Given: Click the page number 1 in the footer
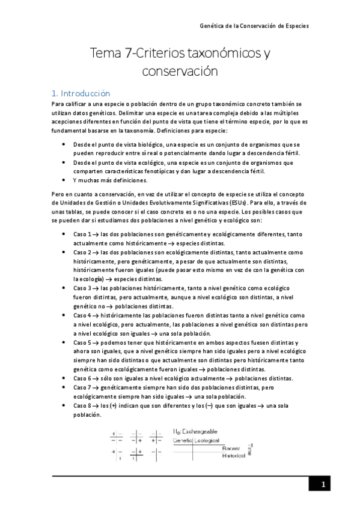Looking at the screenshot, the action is (323, 485).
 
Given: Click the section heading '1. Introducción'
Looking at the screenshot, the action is (81, 93).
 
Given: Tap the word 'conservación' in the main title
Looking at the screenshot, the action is (179, 71).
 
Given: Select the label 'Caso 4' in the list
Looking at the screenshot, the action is (82, 315).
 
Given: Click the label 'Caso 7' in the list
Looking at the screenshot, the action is (82, 389).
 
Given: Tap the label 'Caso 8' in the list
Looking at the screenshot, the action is (82, 406).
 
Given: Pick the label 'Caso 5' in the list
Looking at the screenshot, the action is (82, 342).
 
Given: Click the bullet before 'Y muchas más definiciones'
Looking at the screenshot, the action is (64, 180).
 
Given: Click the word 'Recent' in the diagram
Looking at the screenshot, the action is (231, 448).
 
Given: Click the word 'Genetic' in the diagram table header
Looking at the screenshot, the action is (183, 440).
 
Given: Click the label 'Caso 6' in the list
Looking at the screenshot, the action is (82, 378).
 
